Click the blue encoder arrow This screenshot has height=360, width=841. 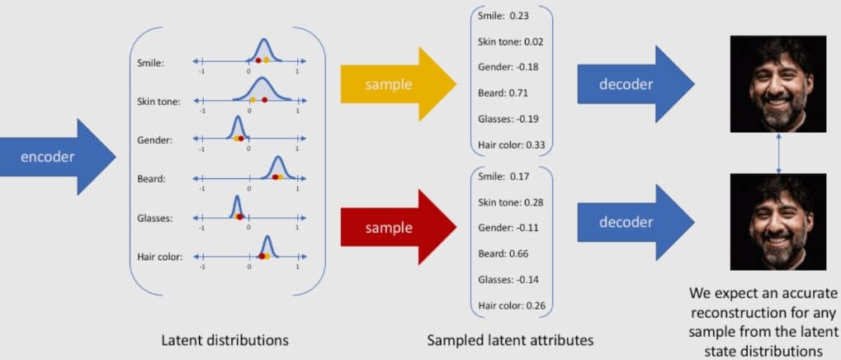(x=56, y=157)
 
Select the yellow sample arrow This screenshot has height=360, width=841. (x=398, y=84)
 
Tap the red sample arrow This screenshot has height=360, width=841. (x=398, y=227)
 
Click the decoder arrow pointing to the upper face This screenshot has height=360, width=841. (x=635, y=84)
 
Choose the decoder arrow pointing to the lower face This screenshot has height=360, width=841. (x=635, y=222)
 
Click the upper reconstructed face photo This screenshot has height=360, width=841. (x=778, y=84)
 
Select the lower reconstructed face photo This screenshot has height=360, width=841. (x=778, y=222)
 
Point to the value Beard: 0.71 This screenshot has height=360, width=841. (x=503, y=92)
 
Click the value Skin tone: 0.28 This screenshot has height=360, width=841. (x=511, y=202)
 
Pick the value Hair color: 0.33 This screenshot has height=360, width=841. (x=512, y=144)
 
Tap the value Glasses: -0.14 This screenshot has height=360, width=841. (x=508, y=280)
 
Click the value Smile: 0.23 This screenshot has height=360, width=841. (x=503, y=16)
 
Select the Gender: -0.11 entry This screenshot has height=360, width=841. (x=508, y=228)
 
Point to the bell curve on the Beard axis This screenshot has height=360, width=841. (x=278, y=168)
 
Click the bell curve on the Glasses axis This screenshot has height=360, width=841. (x=237, y=206)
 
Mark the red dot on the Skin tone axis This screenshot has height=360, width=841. (x=264, y=100)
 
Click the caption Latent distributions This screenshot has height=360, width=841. (x=225, y=339)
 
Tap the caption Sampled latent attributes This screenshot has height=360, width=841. (x=510, y=339)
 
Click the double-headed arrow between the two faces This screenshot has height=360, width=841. (x=779, y=153)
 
